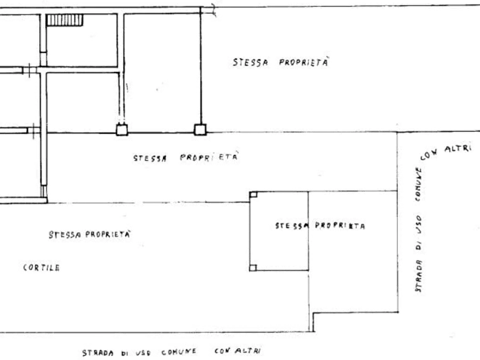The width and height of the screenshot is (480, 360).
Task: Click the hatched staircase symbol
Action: (65, 20)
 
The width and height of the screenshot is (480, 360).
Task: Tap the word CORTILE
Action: (41, 268)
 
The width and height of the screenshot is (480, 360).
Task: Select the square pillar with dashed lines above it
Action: (122, 129)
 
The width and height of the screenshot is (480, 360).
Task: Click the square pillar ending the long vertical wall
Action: (200, 129)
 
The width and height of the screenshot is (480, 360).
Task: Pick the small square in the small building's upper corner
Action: (254, 195)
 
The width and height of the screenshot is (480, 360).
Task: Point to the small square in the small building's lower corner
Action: (253, 268)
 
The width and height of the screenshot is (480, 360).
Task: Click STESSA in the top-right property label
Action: (250, 62)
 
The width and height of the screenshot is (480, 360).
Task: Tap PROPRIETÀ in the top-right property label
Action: (303, 62)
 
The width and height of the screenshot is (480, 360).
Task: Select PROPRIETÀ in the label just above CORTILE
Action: (108, 234)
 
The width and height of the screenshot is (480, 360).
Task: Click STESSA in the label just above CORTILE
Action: (65, 235)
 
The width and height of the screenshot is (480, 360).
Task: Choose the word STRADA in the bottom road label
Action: (98, 353)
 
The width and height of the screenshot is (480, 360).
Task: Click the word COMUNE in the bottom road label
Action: (179, 352)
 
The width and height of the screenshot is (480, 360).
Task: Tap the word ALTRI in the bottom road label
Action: (248, 350)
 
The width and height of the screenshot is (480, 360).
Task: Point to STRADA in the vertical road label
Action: (419, 276)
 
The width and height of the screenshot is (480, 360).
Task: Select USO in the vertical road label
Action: (419, 225)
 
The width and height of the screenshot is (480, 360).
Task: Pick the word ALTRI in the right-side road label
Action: (457, 148)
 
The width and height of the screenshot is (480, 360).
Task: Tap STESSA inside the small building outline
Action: (291, 226)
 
